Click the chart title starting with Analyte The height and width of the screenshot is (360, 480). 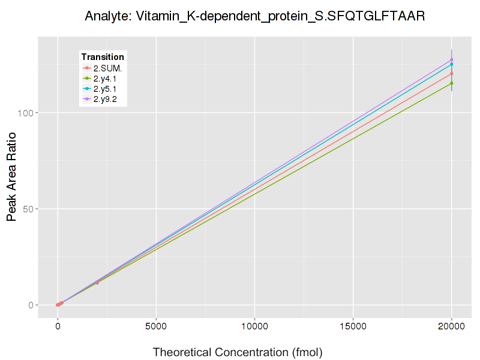(255, 16)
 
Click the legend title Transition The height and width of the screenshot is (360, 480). (103, 57)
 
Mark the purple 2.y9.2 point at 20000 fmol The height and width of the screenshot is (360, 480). (451, 60)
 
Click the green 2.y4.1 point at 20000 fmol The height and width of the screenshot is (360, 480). (451, 83)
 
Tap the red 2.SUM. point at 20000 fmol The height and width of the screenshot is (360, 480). (451, 74)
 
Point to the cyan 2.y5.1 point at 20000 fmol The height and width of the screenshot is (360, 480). (451, 64)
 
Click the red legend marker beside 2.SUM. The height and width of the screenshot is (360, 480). (87, 68)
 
